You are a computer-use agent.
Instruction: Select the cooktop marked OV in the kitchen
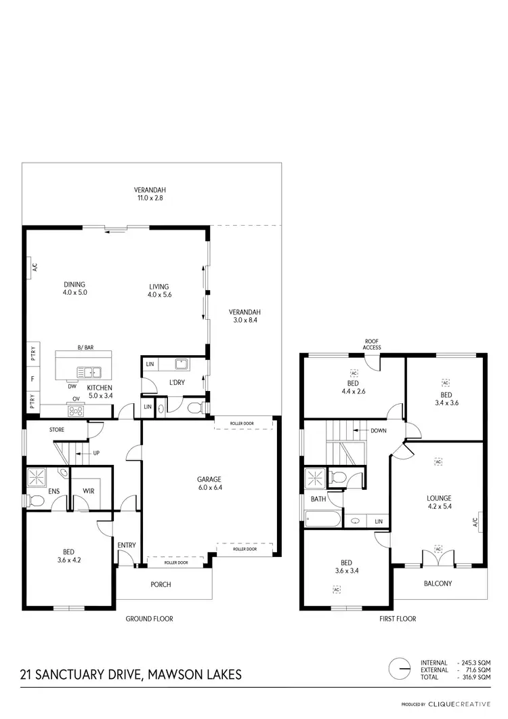pos(75,409)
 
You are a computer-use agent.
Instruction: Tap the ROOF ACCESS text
pos(371,344)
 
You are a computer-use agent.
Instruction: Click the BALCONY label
pos(438,583)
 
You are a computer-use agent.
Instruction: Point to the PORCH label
pos(161,584)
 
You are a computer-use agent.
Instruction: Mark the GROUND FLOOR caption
pos(150,619)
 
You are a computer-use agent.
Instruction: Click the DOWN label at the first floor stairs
pos(377,430)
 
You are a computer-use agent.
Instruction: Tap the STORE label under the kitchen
pos(57,429)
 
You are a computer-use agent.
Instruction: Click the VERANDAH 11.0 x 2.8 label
pos(150,194)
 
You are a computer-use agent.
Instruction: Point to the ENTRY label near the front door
pos(126,545)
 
